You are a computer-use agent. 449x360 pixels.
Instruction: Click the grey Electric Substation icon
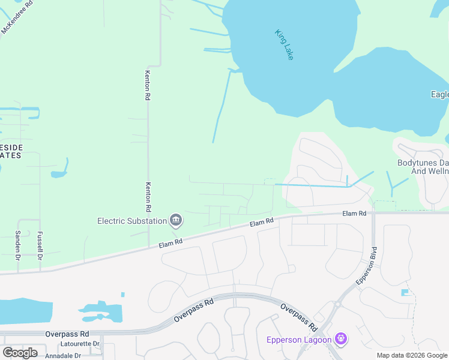pyautogui.click(x=176, y=220)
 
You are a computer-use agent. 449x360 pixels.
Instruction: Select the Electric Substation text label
pyautogui.click(x=132, y=221)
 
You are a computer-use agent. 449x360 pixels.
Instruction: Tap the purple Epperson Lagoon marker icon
pyautogui.click(x=341, y=340)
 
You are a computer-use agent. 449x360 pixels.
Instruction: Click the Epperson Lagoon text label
pyautogui.click(x=300, y=340)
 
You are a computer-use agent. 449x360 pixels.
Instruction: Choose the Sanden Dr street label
pyautogui.click(x=17, y=245)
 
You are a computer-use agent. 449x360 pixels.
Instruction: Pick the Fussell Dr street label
pyautogui.click(x=40, y=245)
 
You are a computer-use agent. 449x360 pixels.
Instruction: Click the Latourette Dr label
pyautogui.click(x=79, y=344)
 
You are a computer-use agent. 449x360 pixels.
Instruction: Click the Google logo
pyautogui.click(x=20, y=353)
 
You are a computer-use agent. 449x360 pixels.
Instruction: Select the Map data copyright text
pyautogui.click(x=412, y=355)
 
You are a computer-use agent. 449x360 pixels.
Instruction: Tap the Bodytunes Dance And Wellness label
pyautogui.click(x=423, y=167)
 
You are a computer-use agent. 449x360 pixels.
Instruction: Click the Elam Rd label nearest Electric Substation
pyautogui.click(x=170, y=241)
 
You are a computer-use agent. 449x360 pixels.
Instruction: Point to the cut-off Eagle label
pyautogui.click(x=439, y=94)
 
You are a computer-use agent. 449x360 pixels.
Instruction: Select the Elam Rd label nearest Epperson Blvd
pyautogui.click(x=354, y=214)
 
